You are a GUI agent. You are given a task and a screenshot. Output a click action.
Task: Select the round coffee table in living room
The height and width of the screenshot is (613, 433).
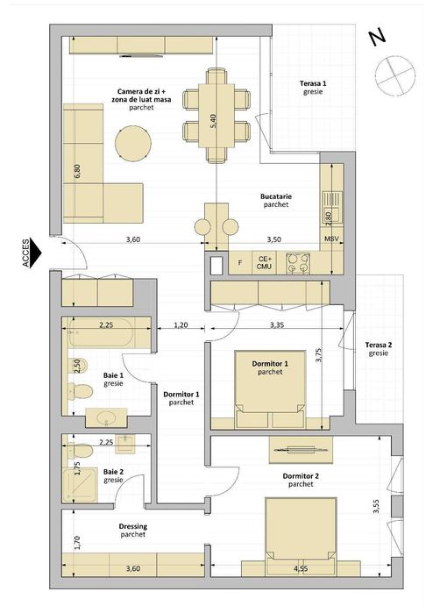click(134, 143)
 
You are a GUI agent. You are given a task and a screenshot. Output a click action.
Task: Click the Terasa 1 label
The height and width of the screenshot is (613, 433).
click(312, 87)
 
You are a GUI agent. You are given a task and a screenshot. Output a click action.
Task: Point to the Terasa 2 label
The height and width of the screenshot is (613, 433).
click(379, 349)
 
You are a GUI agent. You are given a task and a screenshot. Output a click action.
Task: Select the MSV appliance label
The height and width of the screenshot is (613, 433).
click(331, 239)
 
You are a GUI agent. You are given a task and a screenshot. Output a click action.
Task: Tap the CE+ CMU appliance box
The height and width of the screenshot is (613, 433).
click(265, 262)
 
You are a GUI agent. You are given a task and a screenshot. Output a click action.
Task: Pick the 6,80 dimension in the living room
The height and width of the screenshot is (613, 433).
click(77, 171)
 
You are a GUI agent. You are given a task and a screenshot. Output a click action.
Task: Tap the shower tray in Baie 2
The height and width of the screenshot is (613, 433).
click(81, 483)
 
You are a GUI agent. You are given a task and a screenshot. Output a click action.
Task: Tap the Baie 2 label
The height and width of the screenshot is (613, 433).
click(114, 474)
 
